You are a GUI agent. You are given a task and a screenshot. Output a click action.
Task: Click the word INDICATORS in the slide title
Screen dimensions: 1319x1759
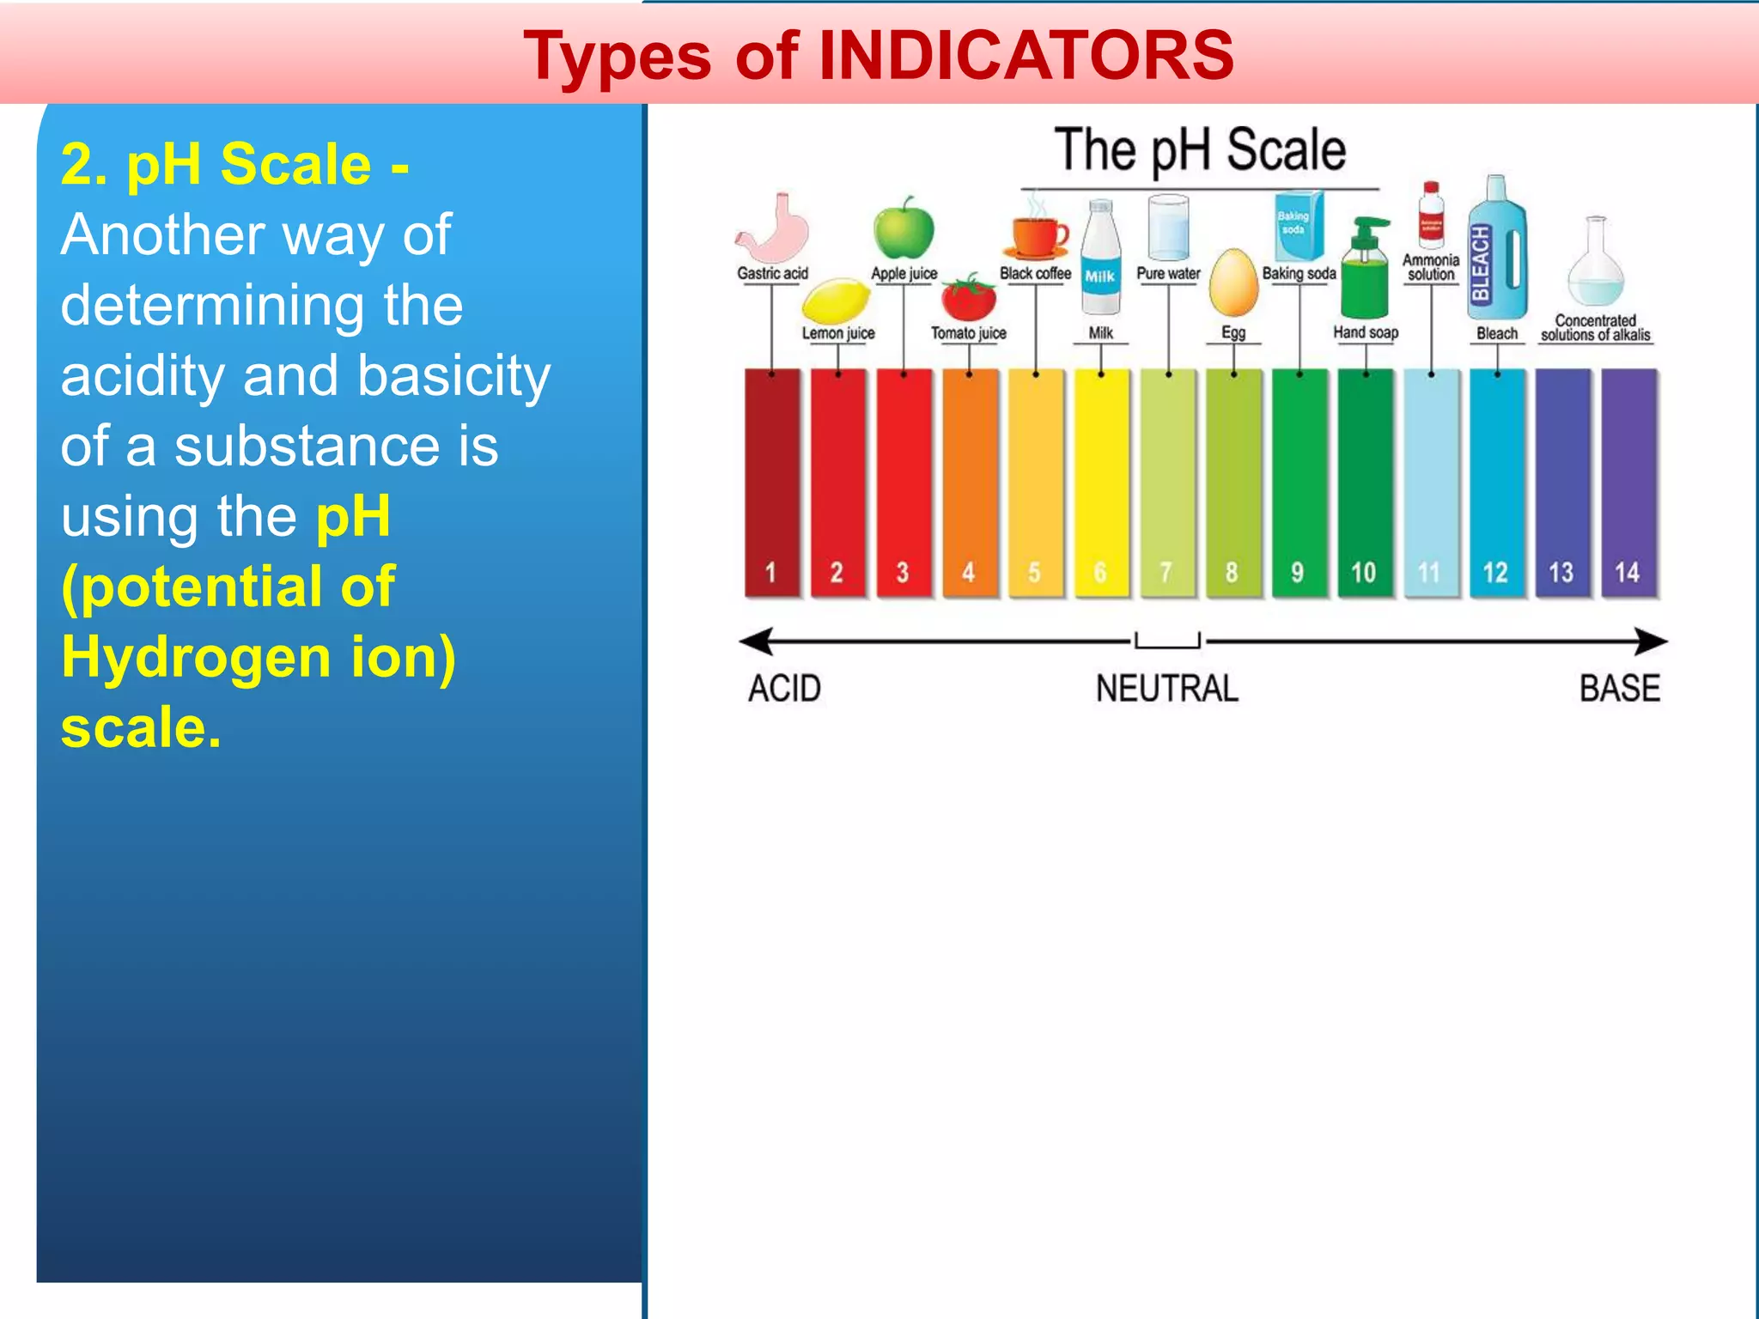point(1026,56)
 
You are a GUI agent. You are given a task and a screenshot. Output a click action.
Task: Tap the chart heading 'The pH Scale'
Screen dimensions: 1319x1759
point(1199,150)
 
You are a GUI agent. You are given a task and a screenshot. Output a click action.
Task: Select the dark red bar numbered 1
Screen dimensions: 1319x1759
point(771,481)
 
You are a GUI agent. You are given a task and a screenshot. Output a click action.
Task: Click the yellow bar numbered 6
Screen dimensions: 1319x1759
point(1101,481)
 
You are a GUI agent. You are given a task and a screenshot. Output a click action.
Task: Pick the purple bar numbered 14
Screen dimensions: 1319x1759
point(1628,481)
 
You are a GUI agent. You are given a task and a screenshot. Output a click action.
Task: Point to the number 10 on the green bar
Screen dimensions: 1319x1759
point(1363,573)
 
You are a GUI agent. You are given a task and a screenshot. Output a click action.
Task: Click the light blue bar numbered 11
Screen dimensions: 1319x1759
point(1430,481)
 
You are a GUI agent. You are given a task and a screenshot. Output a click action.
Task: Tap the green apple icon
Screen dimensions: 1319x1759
point(904,229)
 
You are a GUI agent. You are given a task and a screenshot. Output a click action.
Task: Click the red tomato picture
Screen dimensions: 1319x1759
point(969,298)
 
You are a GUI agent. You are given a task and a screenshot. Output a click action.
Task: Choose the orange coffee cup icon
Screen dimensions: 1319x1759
point(1038,236)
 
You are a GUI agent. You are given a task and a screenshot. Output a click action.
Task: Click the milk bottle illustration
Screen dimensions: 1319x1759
point(1100,258)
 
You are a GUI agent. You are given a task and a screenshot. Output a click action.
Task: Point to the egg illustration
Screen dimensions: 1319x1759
point(1233,283)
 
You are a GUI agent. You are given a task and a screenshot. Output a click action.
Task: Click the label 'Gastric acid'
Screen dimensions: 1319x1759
point(772,273)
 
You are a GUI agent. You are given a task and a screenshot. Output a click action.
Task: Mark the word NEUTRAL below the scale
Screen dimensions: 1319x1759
point(1166,689)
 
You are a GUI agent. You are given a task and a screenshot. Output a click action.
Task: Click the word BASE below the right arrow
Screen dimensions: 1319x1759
point(1619,689)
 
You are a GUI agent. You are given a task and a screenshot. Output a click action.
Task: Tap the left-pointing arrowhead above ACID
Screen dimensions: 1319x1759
point(756,641)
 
